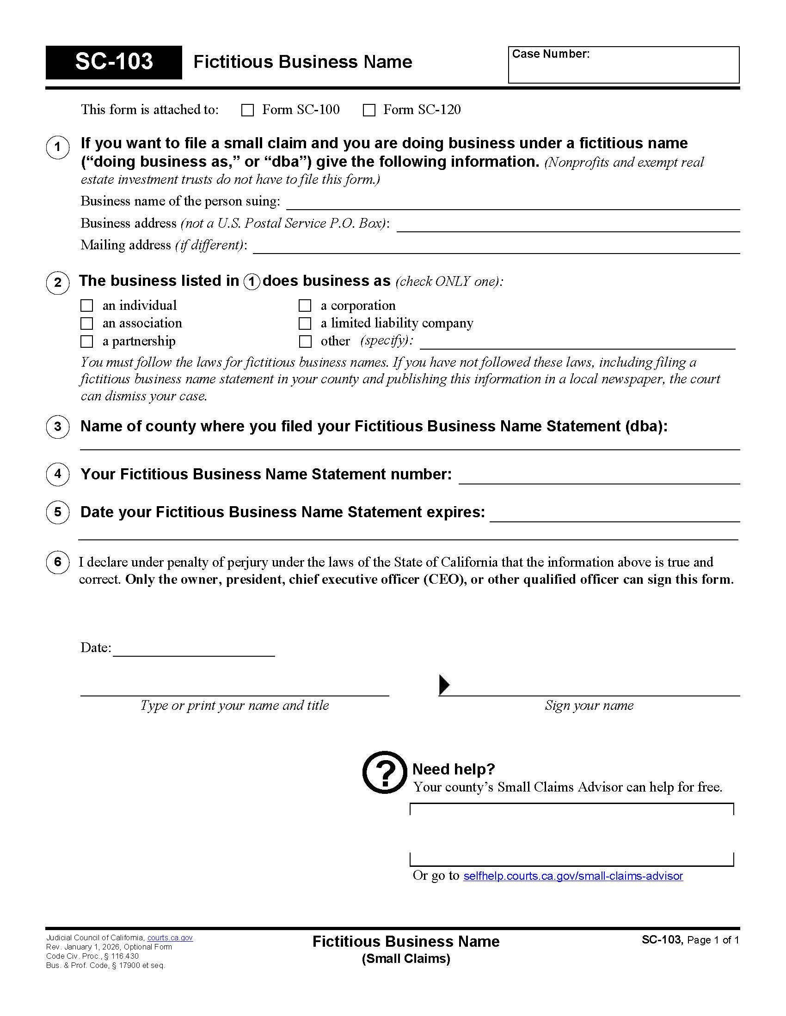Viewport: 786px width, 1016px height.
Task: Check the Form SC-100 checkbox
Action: point(247,110)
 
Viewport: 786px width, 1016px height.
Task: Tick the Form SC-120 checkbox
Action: point(369,110)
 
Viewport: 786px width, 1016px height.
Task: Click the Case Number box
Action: point(623,65)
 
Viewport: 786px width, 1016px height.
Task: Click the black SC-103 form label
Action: point(114,62)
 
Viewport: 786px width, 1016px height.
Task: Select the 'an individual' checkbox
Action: point(86,306)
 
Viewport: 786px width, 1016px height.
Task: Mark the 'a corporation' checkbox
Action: point(305,306)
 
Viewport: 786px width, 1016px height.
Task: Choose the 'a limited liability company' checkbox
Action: point(305,323)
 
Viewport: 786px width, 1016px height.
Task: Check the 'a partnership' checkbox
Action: point(86,341)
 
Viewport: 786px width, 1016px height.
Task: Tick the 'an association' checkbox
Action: point(86,323)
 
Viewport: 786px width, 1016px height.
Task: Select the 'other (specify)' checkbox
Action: point(305,341)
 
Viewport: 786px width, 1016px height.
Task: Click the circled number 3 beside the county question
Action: point(58,427)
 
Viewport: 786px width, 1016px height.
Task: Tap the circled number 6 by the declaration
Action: point(58,562)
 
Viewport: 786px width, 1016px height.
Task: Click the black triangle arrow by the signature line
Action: point(444,684)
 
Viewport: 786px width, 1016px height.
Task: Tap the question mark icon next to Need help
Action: point(385,773)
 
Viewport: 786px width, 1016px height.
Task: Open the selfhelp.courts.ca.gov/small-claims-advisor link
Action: point(573,876)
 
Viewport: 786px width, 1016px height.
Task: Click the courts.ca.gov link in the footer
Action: point(170,938)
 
